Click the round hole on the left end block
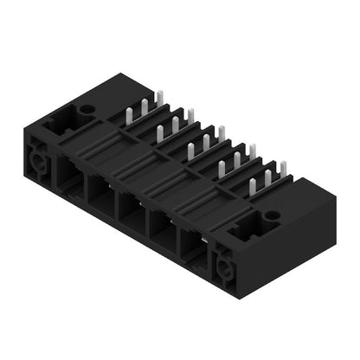click(87, 110)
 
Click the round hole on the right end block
click(272, 215)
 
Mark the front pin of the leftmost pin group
click(130, 119)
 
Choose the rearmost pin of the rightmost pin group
click(281, 170)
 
